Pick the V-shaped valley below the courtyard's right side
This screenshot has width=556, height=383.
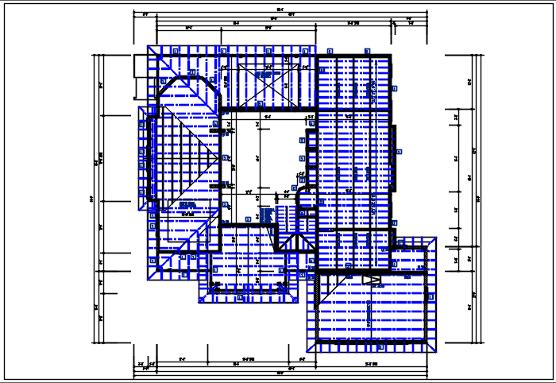(x=296, y=242)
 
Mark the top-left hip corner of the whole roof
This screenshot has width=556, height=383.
(x=149, y=46)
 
